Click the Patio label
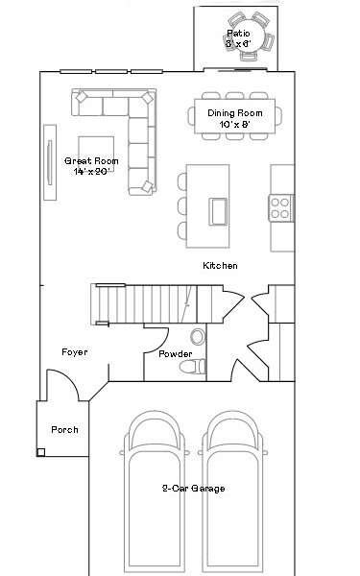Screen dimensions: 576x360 pos(238,32)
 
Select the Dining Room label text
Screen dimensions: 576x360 pos(234,112)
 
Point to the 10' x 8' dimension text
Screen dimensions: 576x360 pos(234,124)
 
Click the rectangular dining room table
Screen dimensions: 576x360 pos(235,118)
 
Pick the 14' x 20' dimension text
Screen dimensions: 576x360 pos(92,171)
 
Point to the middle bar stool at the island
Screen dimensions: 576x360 pos(181,205)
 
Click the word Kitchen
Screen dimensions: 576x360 pos(220,265)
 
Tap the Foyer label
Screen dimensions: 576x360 pos(74,352)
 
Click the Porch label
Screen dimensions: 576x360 pos(64,429)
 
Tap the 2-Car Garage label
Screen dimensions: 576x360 pos(193,489)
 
